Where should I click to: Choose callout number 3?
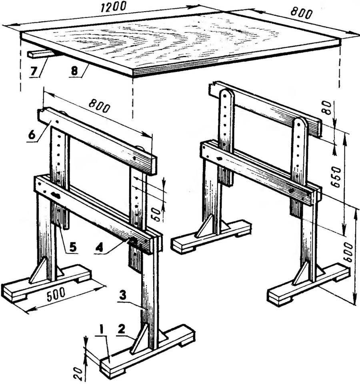point(123,295)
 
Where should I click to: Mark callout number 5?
point(72,247)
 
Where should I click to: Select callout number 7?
point(34,71)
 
